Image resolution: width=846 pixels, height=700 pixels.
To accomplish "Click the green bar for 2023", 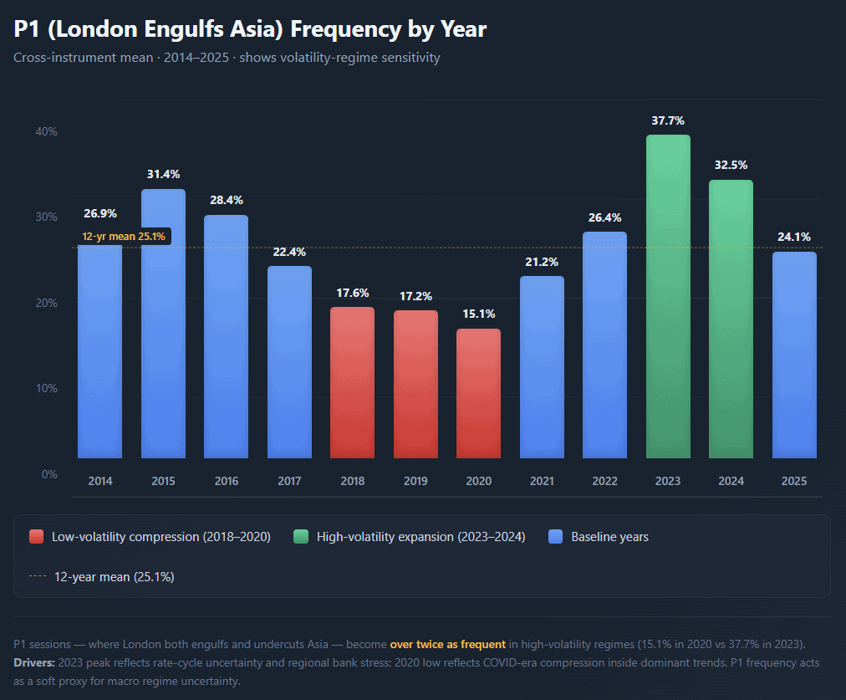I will [x=668, y=297].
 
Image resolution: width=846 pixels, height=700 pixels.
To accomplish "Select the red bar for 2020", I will [x=478, y=393].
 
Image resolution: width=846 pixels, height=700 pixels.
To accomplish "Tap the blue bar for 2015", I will [x=163, y=324].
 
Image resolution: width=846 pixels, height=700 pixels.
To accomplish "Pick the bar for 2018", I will [x=352, y=382].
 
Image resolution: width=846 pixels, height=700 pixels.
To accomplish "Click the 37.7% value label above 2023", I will [x=668, y=120].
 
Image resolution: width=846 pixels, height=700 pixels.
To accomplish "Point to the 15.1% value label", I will [x=478, y=314].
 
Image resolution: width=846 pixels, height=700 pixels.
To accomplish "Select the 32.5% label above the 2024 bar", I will [x=731, y=165].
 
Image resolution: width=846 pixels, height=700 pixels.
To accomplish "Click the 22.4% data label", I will [x=289, y=252].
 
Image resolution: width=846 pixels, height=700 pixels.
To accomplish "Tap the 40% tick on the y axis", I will [x=46, y=131].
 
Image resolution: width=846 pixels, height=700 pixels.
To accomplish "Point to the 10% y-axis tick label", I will [x=46, y=388].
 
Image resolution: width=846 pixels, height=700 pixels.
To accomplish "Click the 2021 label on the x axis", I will [x=542, y=481].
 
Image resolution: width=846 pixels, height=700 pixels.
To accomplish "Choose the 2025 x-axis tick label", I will [x=794, y=481].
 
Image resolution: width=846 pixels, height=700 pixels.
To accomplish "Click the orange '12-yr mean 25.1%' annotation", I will [x=124, y=237].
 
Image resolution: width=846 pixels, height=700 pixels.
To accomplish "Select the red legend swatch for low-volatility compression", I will [x=36, y=537].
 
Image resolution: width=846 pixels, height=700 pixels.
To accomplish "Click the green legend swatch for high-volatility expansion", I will [x=301, y=537].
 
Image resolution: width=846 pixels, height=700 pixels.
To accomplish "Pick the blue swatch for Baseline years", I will [x=555, y=537].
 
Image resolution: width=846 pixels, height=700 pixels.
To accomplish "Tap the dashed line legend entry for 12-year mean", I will [x=36, y=576].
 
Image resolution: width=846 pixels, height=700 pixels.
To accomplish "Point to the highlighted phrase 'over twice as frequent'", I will [x=447, y=645].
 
